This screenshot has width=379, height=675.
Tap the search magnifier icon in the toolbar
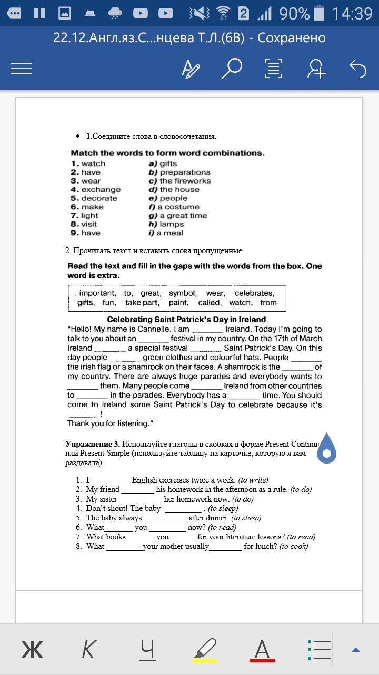pyautogui.click(x=231, y=69)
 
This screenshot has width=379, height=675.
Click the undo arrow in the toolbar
pyautogui.click(x=358, y=69)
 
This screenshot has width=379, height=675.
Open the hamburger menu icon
pyautogui.click(x=22, y=69)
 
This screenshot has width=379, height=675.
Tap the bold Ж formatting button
pyautogui.click(x=32, y=649)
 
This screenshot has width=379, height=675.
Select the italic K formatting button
pyautogui.click(x=88, y=649)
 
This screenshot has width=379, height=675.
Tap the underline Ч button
pyautogui.click(x=148, y=649)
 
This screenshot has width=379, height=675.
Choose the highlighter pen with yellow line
pyautogui.click(x=205, y=649)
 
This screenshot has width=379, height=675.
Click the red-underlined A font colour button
pyautogui.click(x=262, y=649)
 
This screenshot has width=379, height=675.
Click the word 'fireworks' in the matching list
pyautogui.click(x=193, y=181)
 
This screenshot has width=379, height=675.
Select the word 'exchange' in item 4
pyautogui.click(x=101, y=189)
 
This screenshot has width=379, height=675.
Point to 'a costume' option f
pyautogui.click(x=178, y=207)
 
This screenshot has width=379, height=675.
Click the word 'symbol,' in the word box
pyautogui.click(x=183, y=293)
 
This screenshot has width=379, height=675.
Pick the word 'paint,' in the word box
pyautogui.click(x=178, y=303)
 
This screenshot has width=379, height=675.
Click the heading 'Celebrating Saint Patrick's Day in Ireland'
pyautogui.click(x=186, y=320)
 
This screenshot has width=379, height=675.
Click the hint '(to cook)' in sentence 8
pyautogui.click(x=294, y=546)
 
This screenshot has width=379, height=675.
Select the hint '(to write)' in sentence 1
pyautogui.click(x=253, y=480)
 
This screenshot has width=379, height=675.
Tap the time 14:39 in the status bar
pyautogui.click(x=352, y=13)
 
